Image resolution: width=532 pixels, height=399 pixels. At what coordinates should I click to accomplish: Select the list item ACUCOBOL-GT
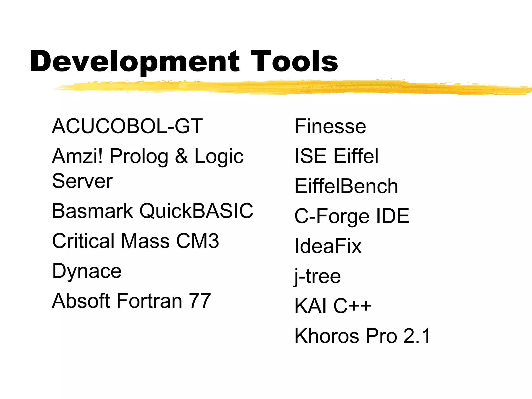click(127, 126)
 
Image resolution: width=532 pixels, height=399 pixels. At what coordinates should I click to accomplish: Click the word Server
click(82, 181)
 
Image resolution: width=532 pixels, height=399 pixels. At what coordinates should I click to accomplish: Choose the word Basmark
click(92, 211)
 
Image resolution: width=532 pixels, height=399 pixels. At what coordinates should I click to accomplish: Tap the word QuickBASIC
click(196, 211)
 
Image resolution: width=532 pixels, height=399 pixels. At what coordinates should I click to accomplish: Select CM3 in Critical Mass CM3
click(197, 241)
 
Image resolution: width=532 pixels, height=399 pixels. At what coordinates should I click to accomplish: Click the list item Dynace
click(87, 271)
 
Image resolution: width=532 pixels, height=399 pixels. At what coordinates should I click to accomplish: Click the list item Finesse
click(330, 126)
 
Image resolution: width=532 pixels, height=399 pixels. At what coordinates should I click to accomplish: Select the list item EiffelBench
click(346, 186)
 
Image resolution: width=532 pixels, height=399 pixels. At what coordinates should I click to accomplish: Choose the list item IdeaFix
click(328, 246)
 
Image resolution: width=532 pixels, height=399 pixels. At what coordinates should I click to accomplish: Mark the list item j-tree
click(317, 276)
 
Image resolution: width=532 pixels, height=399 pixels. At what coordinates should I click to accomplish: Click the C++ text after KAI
click(352, 306)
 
